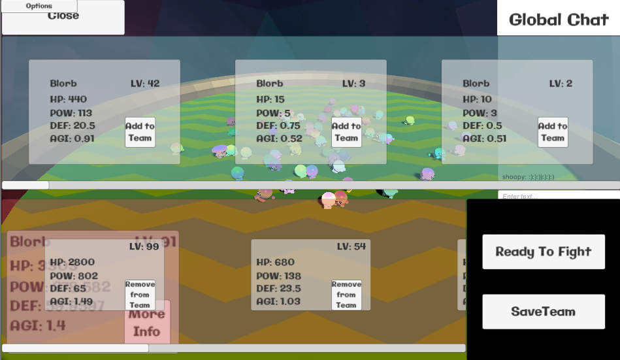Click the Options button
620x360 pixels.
[x=39, y=6]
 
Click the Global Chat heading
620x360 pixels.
[x=559, y=20]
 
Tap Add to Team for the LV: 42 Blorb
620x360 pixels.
[x=140, y=132]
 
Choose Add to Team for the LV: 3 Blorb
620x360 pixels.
[x=346, y=132]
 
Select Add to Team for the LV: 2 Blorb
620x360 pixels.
[x=553, y=132]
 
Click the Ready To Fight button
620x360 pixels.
[x=544, y=252]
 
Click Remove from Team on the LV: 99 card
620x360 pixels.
[x=140, y=295]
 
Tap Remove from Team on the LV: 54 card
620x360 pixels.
[x=346, y=295]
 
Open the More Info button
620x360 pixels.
[x=147, y=323]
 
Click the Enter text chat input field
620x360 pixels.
[x=559, y=196]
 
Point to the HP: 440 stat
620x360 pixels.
[x=69, y=99]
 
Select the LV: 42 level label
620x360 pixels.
[x=145, y=84]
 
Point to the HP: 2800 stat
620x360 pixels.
[x=73, y=263]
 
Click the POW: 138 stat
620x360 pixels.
[x=279, y=276]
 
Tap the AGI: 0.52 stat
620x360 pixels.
[x=280, y=139]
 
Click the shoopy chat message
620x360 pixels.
[x=529, y=177]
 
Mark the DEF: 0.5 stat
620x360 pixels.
[x=483, y=125]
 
